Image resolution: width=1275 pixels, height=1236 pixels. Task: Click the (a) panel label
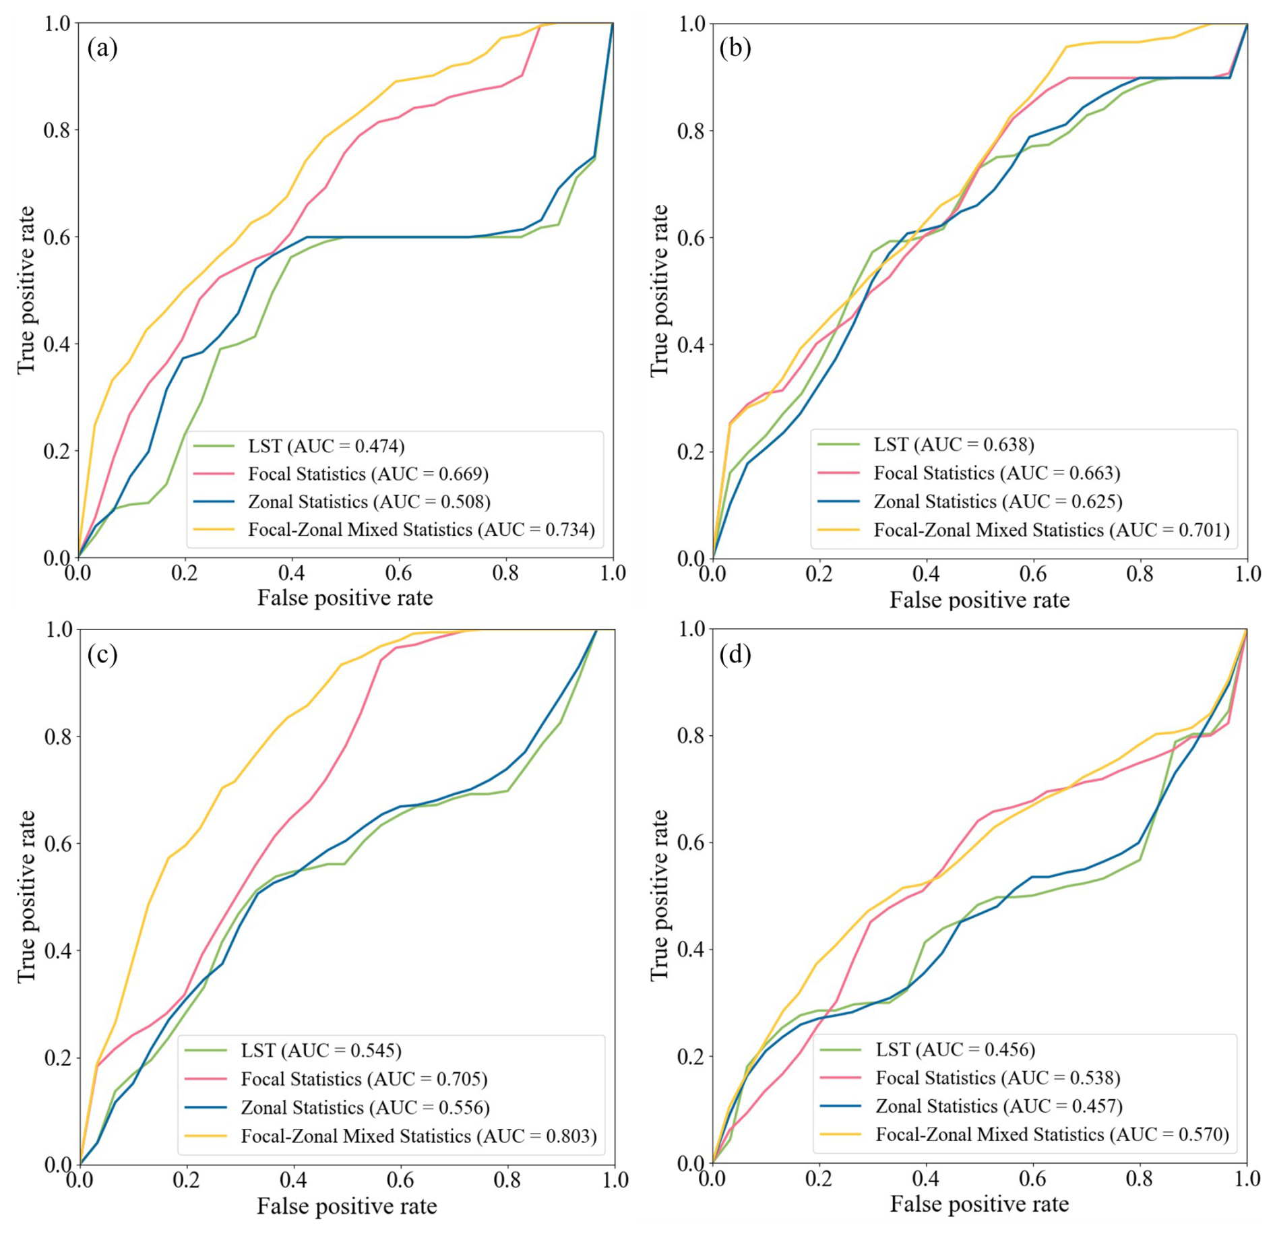[102, 49]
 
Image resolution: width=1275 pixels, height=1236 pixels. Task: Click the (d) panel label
[735, 654]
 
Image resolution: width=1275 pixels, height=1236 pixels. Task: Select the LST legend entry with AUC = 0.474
[326, 446]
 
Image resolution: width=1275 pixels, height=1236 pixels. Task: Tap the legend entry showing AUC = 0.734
[421, 530]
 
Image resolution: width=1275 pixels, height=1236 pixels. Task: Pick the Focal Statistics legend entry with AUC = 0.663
[997, 473]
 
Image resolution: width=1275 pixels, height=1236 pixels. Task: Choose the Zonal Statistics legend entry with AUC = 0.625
[997, 501]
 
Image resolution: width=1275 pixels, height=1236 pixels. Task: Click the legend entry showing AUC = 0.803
[418, 1136]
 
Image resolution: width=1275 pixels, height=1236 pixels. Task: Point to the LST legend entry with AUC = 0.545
[321, 1051]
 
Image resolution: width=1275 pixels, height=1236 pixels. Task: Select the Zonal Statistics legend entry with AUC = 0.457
[999, 1106]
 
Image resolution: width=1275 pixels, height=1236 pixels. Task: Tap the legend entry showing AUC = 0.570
[1052, 1134]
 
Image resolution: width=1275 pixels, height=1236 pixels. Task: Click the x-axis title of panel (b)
[979, 600]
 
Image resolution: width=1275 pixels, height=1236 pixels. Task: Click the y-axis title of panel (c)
[26, 896]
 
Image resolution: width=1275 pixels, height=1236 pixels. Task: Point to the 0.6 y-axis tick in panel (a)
[57, 237]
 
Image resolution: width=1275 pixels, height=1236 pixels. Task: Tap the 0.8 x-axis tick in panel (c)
[507, 1180]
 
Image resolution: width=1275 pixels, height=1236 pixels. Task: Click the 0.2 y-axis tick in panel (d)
[691, 1057]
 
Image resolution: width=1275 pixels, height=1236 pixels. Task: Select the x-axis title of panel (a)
[345, 598]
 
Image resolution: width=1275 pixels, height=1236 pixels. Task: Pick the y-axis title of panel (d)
[659, 896]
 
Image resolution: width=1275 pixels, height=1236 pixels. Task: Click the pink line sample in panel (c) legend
[206, 1079]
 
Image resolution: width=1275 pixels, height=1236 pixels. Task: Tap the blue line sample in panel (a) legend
[214, 502]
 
